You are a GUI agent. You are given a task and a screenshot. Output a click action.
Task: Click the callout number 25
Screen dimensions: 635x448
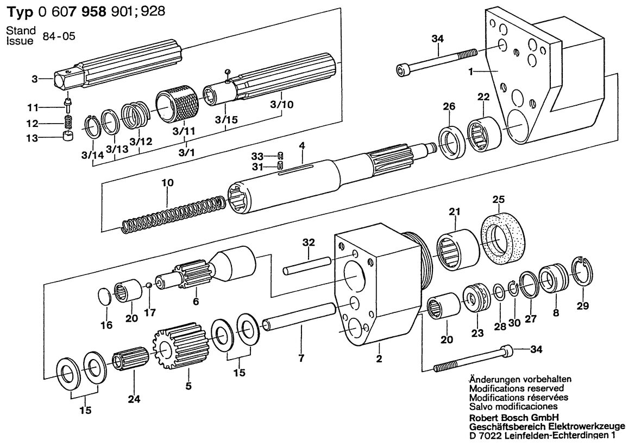(x=499, y=200)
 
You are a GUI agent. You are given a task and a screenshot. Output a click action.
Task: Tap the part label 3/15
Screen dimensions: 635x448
(x=227, y=120)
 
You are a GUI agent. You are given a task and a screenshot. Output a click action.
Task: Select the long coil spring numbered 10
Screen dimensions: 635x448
(x=173, y=214)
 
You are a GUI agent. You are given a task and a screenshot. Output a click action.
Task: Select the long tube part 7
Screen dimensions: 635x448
(x=300, y=317)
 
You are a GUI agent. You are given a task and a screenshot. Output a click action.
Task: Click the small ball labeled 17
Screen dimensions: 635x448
(x=149, y=285)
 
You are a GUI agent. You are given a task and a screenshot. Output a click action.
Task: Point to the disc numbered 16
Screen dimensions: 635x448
(x=105, y=296)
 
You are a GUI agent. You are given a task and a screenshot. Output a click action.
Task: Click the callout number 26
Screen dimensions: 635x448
(x=449, y=106)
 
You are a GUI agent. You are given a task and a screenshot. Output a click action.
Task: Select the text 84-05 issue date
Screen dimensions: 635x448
(x=59, y=36)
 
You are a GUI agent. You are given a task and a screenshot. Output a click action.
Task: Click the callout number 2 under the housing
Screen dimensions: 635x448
(x=379, y=359)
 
